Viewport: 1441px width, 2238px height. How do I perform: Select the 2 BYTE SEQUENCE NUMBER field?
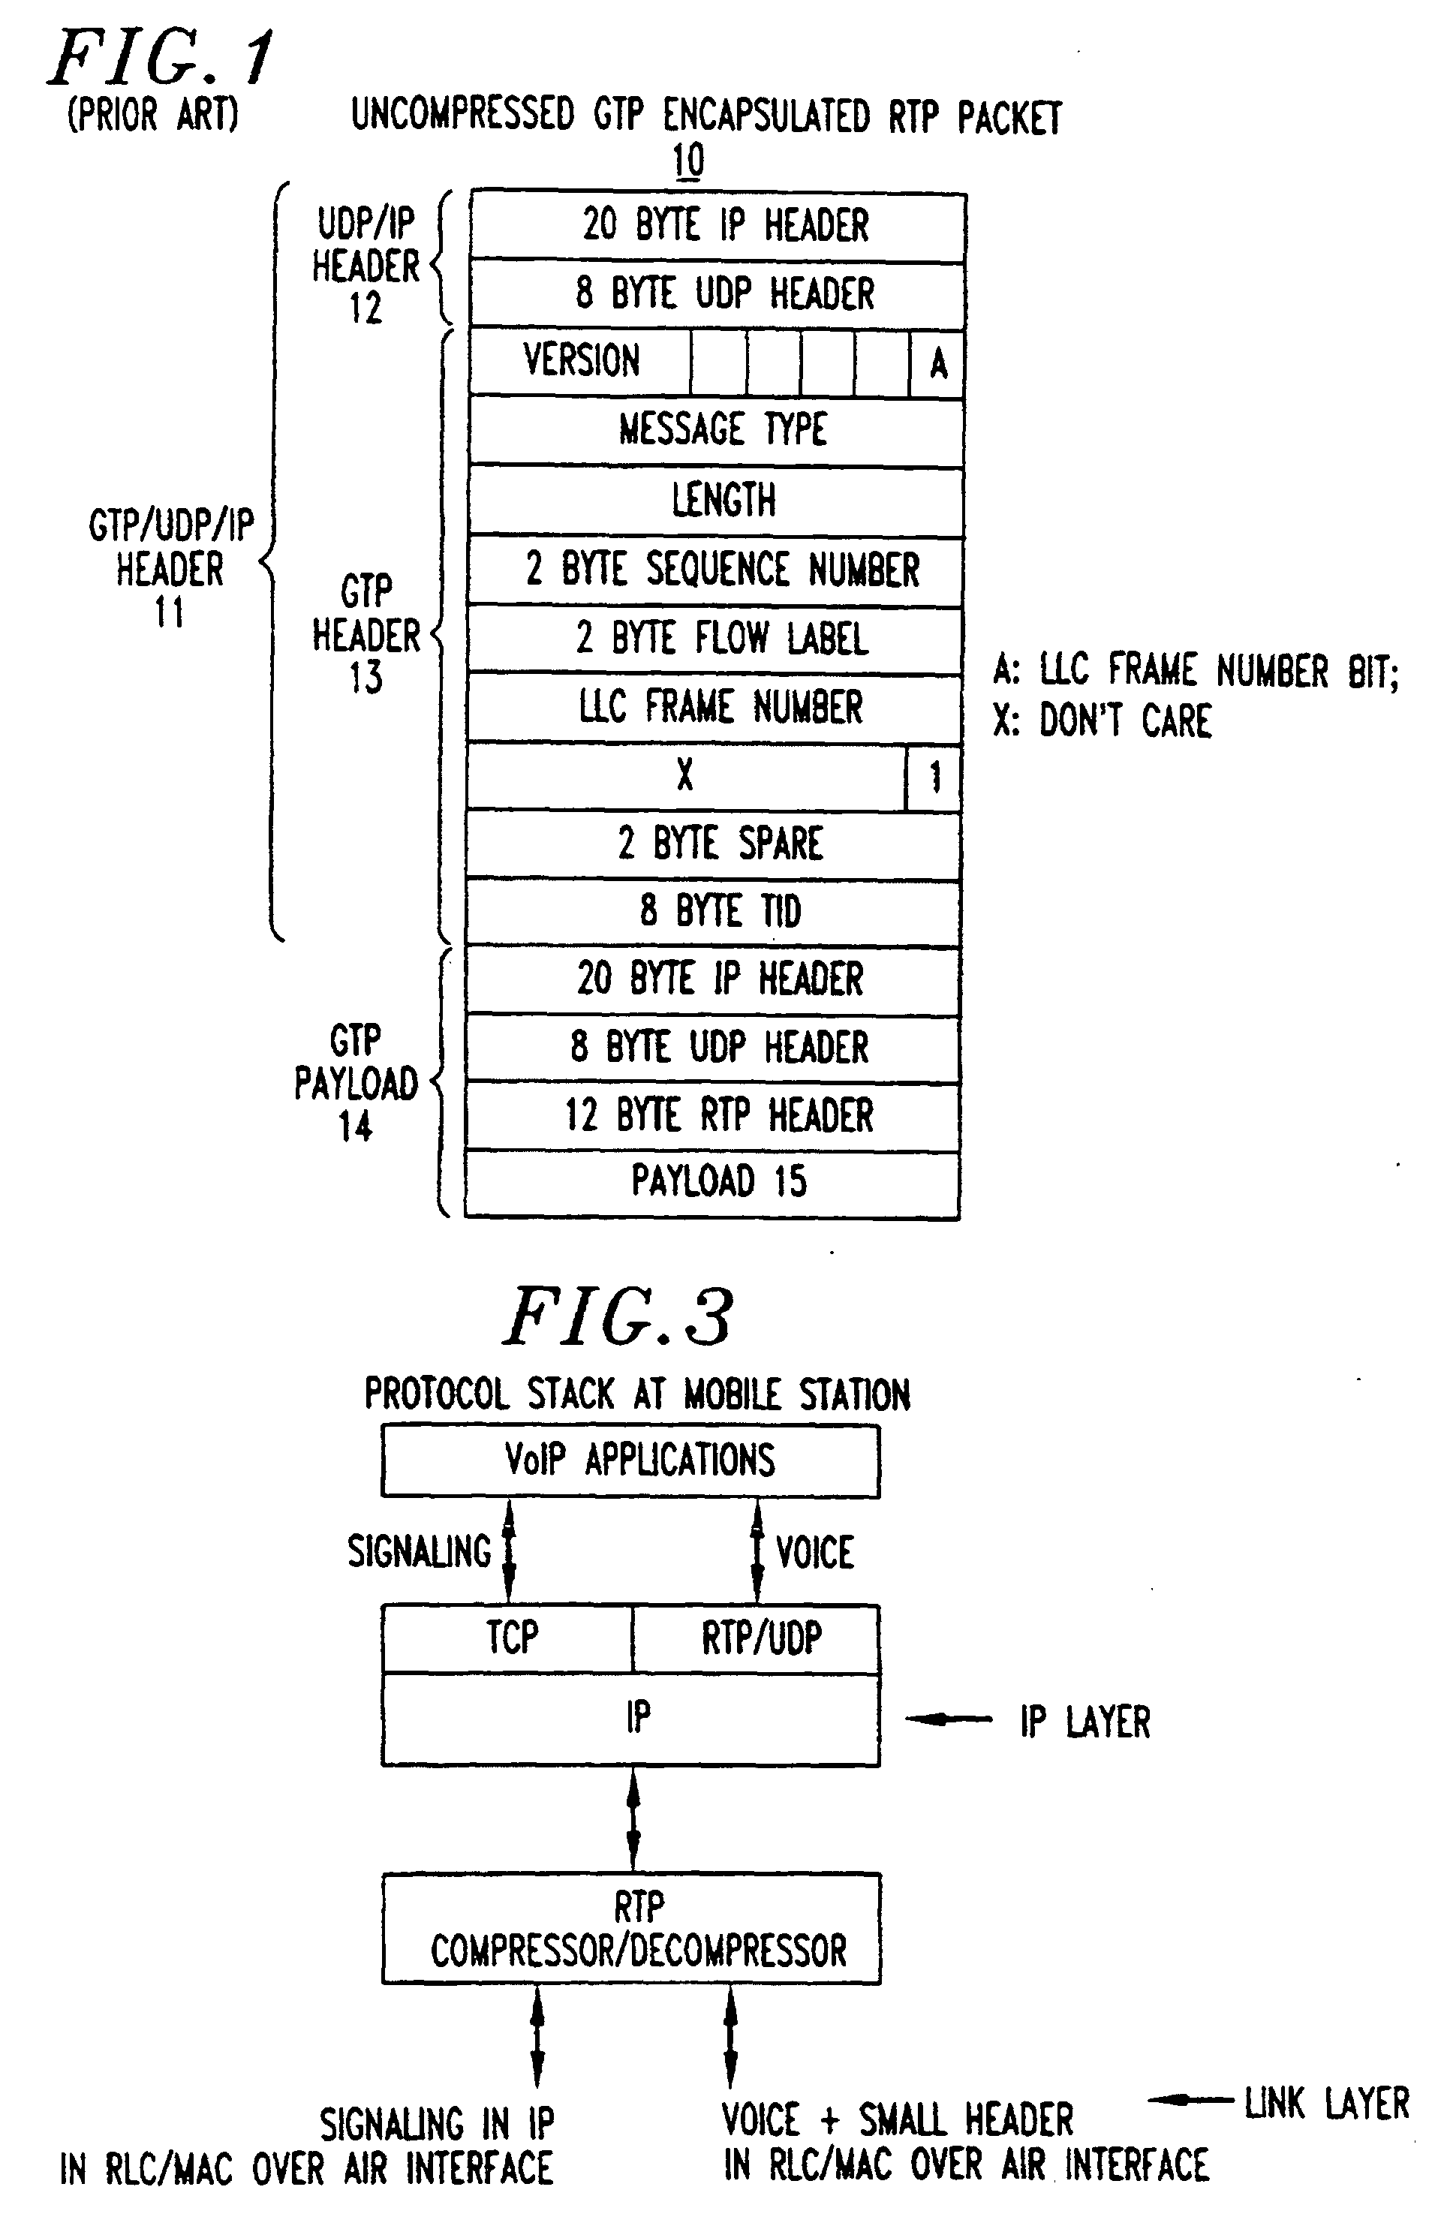[716, 570]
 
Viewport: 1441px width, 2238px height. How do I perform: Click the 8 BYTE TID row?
[713, 912]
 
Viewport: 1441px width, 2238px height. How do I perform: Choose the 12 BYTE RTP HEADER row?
[713, 1116]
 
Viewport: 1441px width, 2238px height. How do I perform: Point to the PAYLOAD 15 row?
[713, 1184]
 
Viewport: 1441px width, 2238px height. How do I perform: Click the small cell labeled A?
[937, 363]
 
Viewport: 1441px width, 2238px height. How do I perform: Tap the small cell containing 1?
[934, 778]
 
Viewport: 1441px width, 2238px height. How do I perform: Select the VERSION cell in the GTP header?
[580, 362]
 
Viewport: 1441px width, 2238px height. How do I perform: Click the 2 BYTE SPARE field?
[714, 845]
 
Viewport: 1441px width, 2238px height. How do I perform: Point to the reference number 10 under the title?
[687, 160]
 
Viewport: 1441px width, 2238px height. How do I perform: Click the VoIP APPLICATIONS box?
[630, 1460]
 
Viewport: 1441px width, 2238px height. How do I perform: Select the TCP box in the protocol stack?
[508, 1638]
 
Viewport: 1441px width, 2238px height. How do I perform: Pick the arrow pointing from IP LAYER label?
[949, 1719]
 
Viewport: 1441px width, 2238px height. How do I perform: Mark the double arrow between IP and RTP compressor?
[633, 1820]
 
